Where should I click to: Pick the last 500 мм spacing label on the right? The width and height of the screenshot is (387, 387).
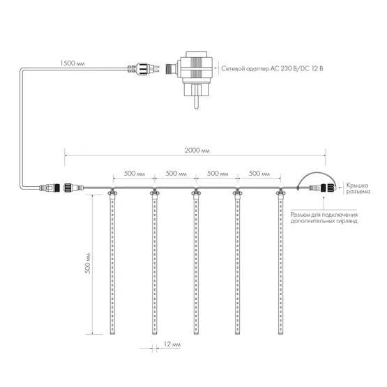coord(259,173)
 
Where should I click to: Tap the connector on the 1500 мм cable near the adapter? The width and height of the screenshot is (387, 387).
coord(144,68)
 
